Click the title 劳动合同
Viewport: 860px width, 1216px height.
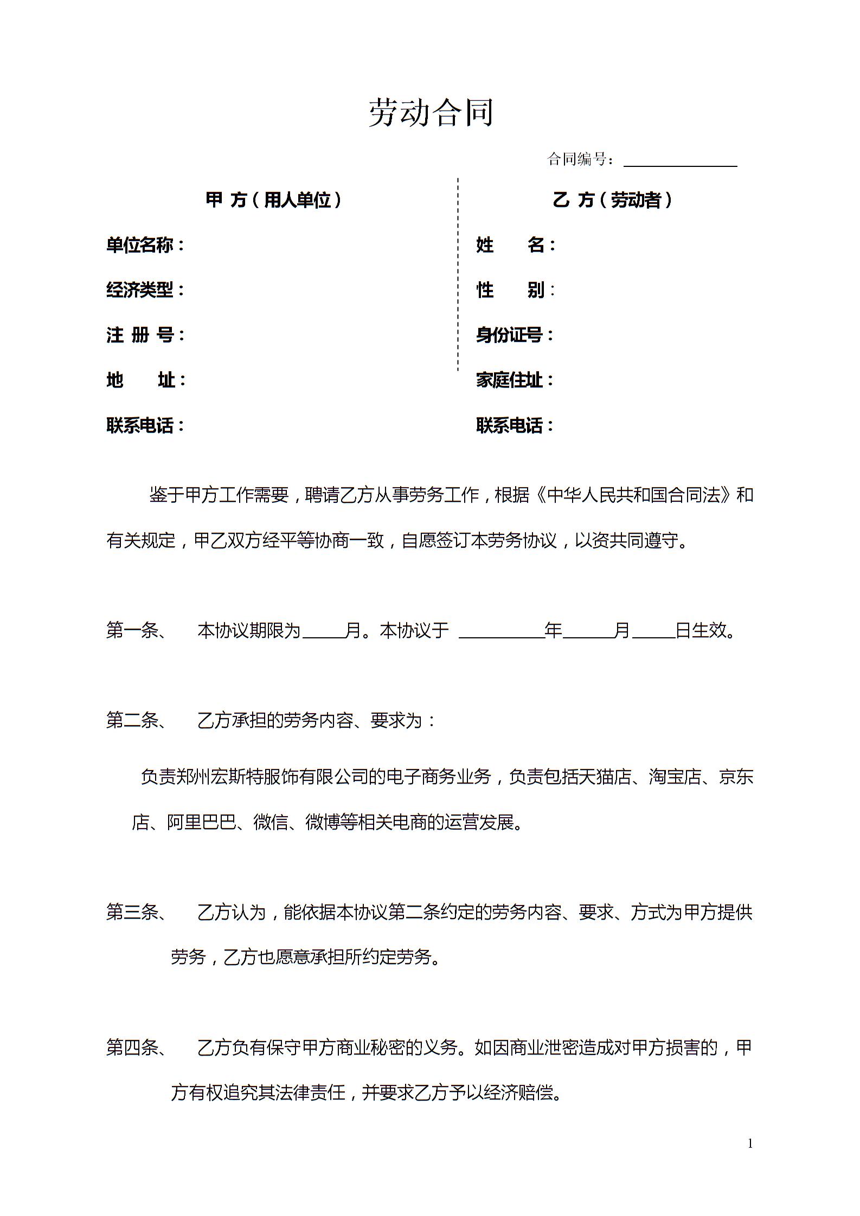point(431,113)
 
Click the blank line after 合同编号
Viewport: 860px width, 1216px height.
point(680,163)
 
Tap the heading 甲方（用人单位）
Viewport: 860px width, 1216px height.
point(274,200)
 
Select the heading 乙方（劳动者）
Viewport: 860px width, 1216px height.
point(612,200)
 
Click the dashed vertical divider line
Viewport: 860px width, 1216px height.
point(458,274)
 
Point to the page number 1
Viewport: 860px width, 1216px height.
point(750,1144)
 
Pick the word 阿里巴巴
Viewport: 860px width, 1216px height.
point(201,822)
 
